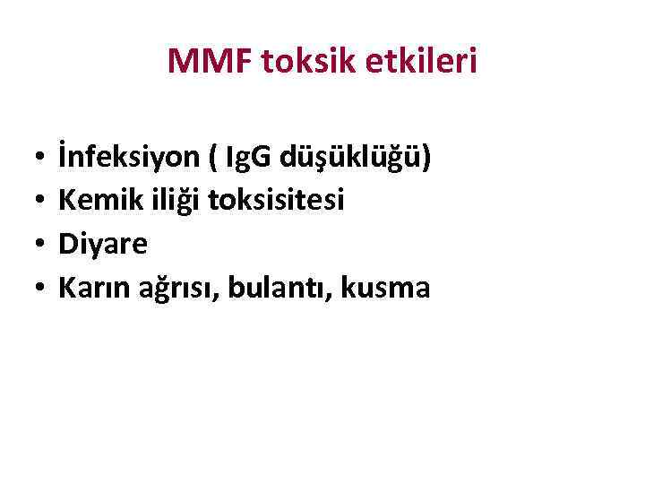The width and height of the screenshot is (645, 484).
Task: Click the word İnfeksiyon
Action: [x=116, y=158]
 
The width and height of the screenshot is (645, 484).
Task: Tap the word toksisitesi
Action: [x=275, y=202]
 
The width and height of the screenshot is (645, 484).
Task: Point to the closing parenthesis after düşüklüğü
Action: [x=426, y=160]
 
